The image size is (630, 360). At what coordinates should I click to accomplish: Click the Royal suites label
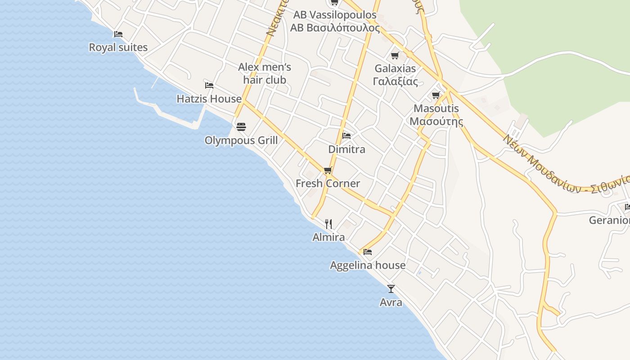click(x=118, y=47)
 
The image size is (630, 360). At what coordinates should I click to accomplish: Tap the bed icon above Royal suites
click(x=118, y=34)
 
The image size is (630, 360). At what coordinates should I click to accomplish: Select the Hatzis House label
click(x=209, y=99)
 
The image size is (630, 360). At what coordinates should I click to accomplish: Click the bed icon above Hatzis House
click(x=209, y=85)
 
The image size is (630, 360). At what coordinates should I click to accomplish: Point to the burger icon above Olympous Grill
click(x=241, y=127)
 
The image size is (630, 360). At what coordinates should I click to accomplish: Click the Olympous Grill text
click(x=241, y=140)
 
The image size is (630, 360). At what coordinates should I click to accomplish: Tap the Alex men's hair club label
click(x=265, y=73)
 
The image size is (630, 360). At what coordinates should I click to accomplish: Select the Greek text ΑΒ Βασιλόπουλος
click(x=335, y=28)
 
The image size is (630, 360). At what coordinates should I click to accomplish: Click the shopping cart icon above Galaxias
click(x=395, y=55)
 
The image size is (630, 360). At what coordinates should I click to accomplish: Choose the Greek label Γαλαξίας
click(x=395, y=81)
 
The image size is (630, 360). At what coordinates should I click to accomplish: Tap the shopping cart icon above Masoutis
click(x=436, y=95)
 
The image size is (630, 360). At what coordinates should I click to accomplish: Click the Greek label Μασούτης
click(x=436, y=121)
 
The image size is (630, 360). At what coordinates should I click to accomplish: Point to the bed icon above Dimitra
click(x=346, y=135)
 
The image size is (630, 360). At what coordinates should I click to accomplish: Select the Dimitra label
click(x=346, y=149)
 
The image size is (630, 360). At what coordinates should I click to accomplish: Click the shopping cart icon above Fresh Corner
click(x=328, y=170)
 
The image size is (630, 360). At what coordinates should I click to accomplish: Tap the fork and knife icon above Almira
click(x=328, y=224)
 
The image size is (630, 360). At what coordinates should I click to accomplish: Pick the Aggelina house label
click(x=368, y=265)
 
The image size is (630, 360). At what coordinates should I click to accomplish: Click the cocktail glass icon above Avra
click(x=391, y=288)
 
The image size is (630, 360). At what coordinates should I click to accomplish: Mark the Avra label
click(x=391, y=302)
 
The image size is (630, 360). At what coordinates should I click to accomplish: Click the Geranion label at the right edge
click(x=610, y=220)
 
